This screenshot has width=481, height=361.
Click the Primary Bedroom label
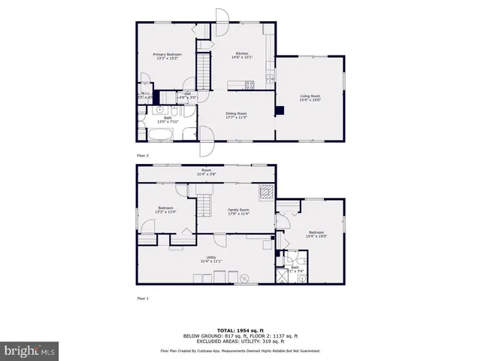click(x=168, y=56)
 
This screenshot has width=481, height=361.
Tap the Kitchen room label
click(x=242, y=56)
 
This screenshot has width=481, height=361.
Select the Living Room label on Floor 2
click(x=310, y=98)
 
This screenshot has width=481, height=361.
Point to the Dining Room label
click(x=237, y=115)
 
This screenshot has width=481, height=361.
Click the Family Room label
click(x=239, y=211)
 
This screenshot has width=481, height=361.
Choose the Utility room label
click(x=212, y=259)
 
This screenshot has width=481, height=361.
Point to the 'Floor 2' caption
click(x=143, y=156)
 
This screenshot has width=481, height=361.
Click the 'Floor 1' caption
click(x=143, y=299)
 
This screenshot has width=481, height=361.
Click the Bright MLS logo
click(x=29, y=350)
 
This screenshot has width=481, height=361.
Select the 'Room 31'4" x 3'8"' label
click(x=205, y=172)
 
